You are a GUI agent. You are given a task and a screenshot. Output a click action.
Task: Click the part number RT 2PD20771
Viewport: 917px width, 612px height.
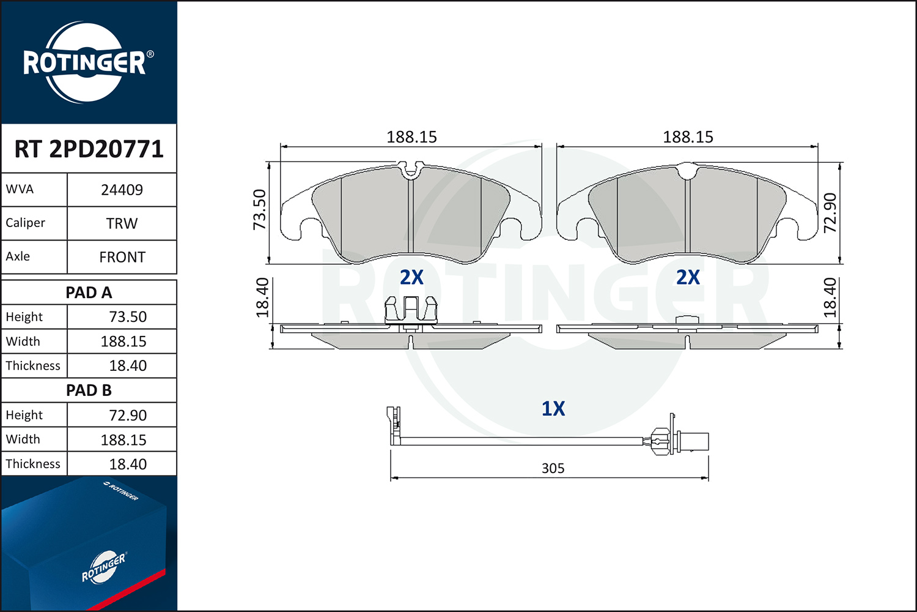click(x=89, y=149)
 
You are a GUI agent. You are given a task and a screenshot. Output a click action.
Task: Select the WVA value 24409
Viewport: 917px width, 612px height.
click(x=122, y=190)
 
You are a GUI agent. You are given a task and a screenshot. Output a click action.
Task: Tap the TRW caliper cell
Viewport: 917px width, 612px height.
click(x=122, y=223)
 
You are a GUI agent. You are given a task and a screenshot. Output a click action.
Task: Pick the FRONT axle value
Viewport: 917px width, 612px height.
click(x=122, y=257)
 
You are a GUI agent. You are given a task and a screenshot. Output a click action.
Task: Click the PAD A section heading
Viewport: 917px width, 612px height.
click(x=89, y=293)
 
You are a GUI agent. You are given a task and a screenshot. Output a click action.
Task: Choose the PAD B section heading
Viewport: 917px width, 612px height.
click(x=89, y=390)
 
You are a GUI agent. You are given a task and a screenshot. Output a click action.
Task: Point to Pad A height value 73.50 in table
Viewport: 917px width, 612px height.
click(x=128, y=317)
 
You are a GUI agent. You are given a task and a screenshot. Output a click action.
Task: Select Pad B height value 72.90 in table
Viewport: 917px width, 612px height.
click(x=128, y=415)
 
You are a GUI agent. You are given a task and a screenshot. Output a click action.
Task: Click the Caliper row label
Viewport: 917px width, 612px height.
click(x=25, y=223)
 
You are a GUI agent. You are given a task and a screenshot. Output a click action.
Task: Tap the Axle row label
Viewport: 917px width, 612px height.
click(x=18, y=256)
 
